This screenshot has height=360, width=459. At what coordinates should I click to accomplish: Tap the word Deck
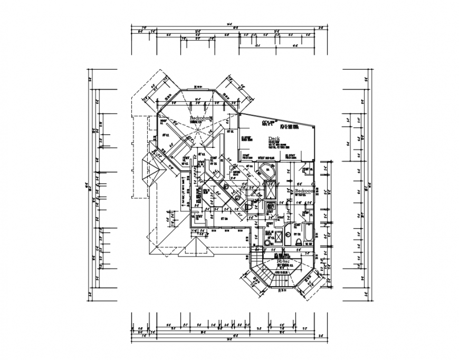pyautogui.click(x=273, y=140)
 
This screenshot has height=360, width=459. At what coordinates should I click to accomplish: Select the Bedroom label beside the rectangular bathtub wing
pyautogui.click(x=304, y=190)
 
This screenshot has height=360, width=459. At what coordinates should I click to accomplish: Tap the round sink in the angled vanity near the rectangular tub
pyautogui.click(x=289, y=235)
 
